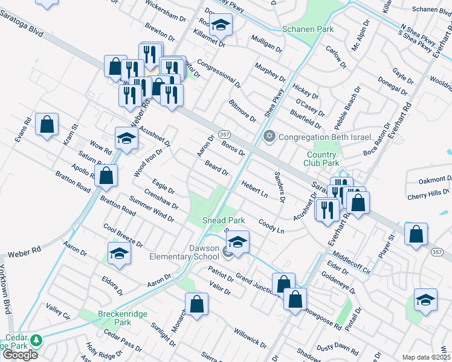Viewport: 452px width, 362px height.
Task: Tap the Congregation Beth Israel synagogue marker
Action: tap(270, 136)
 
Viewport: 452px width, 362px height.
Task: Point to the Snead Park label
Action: tap(218, 221)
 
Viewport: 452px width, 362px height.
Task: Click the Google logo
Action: tap(20, 354)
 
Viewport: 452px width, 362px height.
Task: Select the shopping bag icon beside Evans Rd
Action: tap(47, 125)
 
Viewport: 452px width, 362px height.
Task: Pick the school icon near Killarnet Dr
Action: tap(221, 25)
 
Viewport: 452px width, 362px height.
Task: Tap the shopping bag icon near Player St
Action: tap(416, 235)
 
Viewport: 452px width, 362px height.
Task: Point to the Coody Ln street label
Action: tap(271, 225)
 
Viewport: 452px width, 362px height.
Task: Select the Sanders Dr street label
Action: tap(279, 188)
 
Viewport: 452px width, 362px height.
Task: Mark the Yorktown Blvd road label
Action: tap(5, 290)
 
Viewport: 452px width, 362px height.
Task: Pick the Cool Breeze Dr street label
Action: tap(123, 235)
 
